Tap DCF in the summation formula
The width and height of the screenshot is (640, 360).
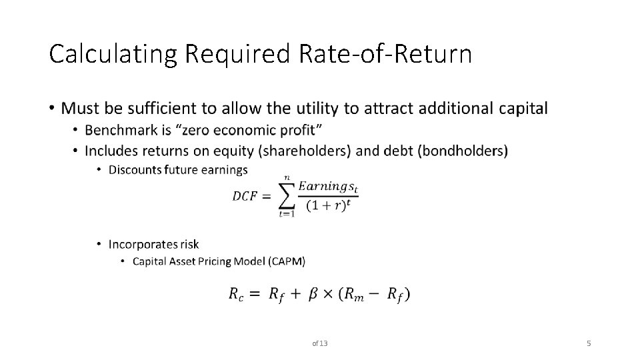(245, 196)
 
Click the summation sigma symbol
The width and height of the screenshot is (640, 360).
(287, 195)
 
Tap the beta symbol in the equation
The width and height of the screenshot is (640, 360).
(311, 293)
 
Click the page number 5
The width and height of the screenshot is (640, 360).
(589, 343)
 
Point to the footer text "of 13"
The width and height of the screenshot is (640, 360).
(320, 343)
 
